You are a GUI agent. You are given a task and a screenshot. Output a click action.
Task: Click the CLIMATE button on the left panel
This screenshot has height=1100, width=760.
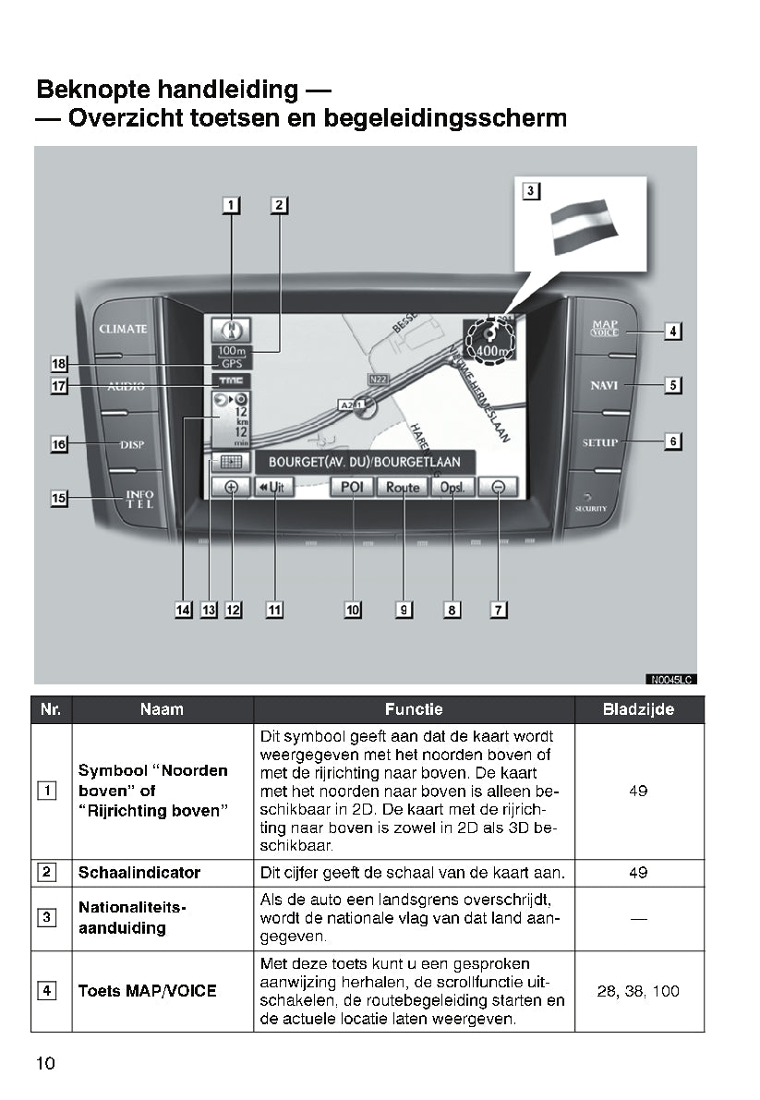[x=124, y=330]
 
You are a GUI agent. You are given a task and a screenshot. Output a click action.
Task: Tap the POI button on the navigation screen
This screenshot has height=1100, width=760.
[x=351, y=487]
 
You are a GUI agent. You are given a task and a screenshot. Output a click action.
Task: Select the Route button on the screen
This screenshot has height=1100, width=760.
[x=403, y=487]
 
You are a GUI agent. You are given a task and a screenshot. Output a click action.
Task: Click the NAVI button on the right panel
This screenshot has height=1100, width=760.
[x=605, y=384]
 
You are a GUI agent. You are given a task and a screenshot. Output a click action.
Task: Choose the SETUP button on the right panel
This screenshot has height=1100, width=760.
[x=600, y=442]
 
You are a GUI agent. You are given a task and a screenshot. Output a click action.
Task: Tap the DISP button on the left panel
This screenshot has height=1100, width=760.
[x=133, y=444]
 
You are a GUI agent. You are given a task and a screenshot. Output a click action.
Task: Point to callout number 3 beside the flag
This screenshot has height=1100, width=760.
[x=530, y=191]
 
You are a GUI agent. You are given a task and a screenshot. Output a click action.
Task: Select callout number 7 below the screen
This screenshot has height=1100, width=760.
[x=499, y=610]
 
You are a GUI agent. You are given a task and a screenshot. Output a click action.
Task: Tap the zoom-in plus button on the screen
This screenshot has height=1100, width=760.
[x=231, y=487]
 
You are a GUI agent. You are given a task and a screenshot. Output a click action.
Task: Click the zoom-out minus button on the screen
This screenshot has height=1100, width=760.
[x=499, y=487]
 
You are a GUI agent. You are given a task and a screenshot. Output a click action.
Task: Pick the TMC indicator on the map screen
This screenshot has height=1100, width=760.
[x=227, y=381]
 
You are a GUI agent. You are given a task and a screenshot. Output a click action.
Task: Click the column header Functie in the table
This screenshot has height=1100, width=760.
[x=414, y=709]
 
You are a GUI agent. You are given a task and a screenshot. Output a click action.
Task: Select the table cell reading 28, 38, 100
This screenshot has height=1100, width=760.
[x=638, y=991]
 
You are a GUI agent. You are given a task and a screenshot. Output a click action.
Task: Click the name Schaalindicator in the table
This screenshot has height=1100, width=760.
[x=139, y=873]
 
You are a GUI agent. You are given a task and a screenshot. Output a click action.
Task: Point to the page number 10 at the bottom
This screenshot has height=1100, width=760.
[x=45, y=1063]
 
